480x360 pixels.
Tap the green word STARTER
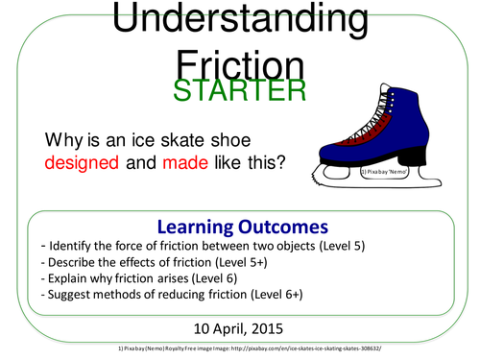[240, 89]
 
